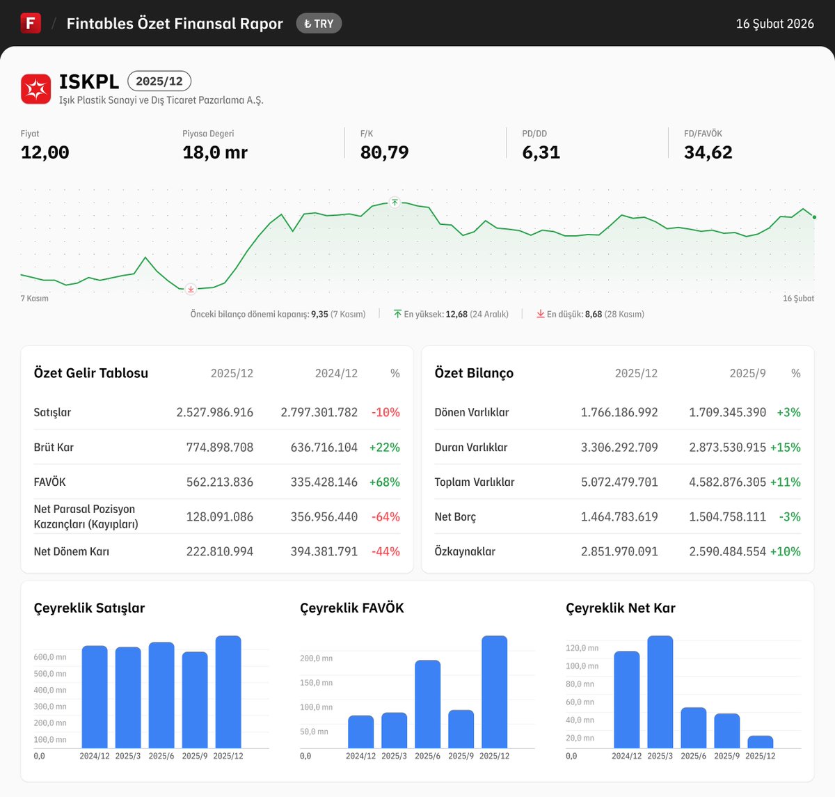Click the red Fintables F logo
point(31,23)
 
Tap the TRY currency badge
point(319,24)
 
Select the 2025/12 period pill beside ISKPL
point(159,81)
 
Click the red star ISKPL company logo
point(35,89)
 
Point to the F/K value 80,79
point(384,152)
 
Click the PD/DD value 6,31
point(541,152)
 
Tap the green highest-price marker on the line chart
point(395,203)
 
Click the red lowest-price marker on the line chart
point(191,290)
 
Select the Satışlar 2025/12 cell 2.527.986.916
point(214,412)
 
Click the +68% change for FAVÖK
point(384,482)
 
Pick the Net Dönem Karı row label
point(72,551)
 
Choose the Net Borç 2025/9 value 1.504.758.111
point(728,516)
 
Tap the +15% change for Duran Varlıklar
point(786,447)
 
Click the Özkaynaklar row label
point(465,551)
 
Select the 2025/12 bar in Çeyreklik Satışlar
point(228,692)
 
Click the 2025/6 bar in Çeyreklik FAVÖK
point(428,704)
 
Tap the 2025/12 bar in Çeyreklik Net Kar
point(761,742)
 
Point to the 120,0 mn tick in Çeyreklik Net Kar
point(582,648)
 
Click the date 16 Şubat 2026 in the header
point(774,24)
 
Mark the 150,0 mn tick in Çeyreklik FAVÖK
point(316,683)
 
